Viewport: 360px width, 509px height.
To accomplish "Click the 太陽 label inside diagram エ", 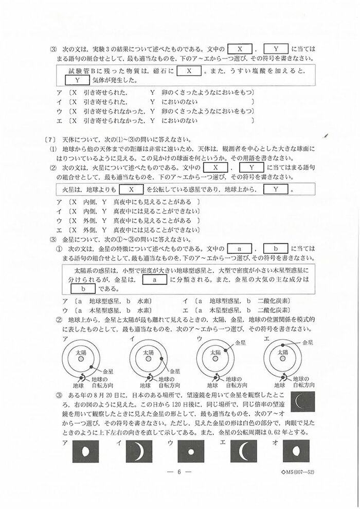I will click(x=282, y=353).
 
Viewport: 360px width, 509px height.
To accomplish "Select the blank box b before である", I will click(x=80, y=289).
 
